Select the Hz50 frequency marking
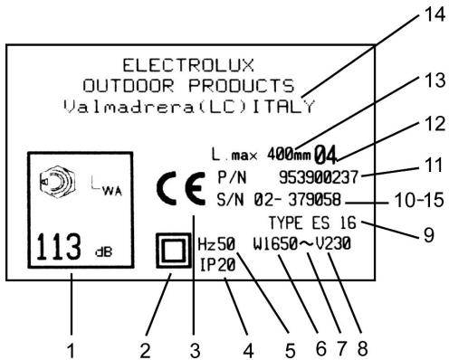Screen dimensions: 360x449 pyautogui.click(x=215, y=243)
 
